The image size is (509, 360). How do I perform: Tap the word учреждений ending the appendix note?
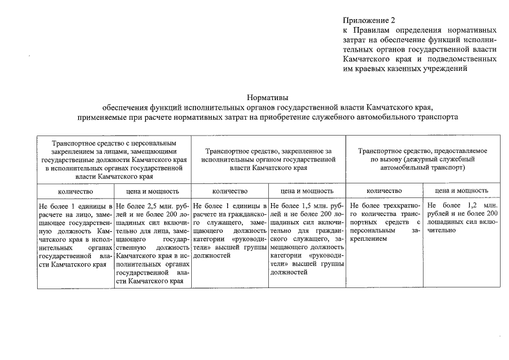(x=442, y=68)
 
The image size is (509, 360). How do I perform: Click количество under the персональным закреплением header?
(x=75, y=191)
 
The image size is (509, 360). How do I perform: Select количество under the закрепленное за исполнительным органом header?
(x=229, y=191)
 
